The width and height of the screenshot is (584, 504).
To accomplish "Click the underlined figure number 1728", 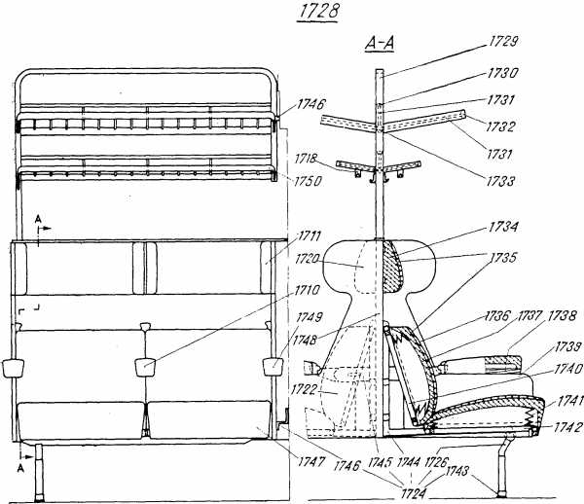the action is [x=318, y=12].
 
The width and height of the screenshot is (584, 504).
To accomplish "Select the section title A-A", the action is [x=380, y=44].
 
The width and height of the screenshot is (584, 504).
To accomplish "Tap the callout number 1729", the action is [x=502, y=42].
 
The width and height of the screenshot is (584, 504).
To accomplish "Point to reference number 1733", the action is [x=500, y=182].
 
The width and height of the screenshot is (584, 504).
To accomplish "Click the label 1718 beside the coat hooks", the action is [x=306, y=160].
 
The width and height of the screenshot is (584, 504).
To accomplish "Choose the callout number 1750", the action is [x=308, y=182].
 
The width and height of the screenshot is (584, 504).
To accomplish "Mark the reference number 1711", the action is [x=310, y=236].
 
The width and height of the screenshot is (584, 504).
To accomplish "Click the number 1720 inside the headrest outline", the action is [x=307, y=259].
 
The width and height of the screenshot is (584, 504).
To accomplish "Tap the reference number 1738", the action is [x=562, y=316].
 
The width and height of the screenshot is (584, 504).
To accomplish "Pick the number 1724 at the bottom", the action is [x=414, y=493].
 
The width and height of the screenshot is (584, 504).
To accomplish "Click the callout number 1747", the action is [x=311, y=462].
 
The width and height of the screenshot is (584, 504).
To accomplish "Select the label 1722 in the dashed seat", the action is [x=304, y=390].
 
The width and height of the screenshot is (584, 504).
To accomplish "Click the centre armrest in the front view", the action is [x=145, y=367].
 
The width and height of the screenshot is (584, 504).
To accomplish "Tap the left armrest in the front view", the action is [x=13, y=368].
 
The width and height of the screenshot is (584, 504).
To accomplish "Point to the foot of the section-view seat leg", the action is [x=503, y=493].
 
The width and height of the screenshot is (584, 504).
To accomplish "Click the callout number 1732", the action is [x=500, y=126].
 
